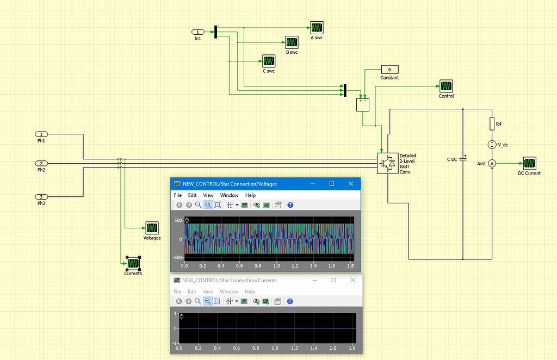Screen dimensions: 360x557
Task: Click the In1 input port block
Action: tap(200, 32)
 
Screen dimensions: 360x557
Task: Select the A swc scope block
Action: tap(317, 27)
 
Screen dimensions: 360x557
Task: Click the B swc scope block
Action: tap(292, 42)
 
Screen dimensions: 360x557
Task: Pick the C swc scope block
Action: tap(269, 60)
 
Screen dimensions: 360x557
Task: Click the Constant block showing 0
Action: tap(389, 70)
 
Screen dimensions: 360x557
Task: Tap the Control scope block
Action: tap(446, 86)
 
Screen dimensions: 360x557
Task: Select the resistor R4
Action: tap(492, 125)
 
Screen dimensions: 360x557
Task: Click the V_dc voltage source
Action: tap(492, 145)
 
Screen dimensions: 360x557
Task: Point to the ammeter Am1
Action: tap(492, 164)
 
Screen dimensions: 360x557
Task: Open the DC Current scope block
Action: tap(529, 163)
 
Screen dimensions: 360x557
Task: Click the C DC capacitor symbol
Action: tap(463, 159)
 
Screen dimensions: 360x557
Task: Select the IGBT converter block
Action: tap(387, 163)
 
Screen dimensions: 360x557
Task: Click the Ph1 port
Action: tap(41, 134)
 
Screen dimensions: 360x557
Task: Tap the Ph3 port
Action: tap(41, 197)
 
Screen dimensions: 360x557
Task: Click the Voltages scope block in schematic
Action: tap(151, 228)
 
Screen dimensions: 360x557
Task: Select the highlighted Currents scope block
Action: tap(133, 263)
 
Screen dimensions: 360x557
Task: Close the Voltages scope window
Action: tap(351, 184)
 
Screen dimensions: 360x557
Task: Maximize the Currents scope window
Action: tap(333, 280)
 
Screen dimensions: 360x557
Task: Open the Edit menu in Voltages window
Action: tap(192, 195)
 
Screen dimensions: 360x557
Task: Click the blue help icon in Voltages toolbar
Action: tap(290, 205)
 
